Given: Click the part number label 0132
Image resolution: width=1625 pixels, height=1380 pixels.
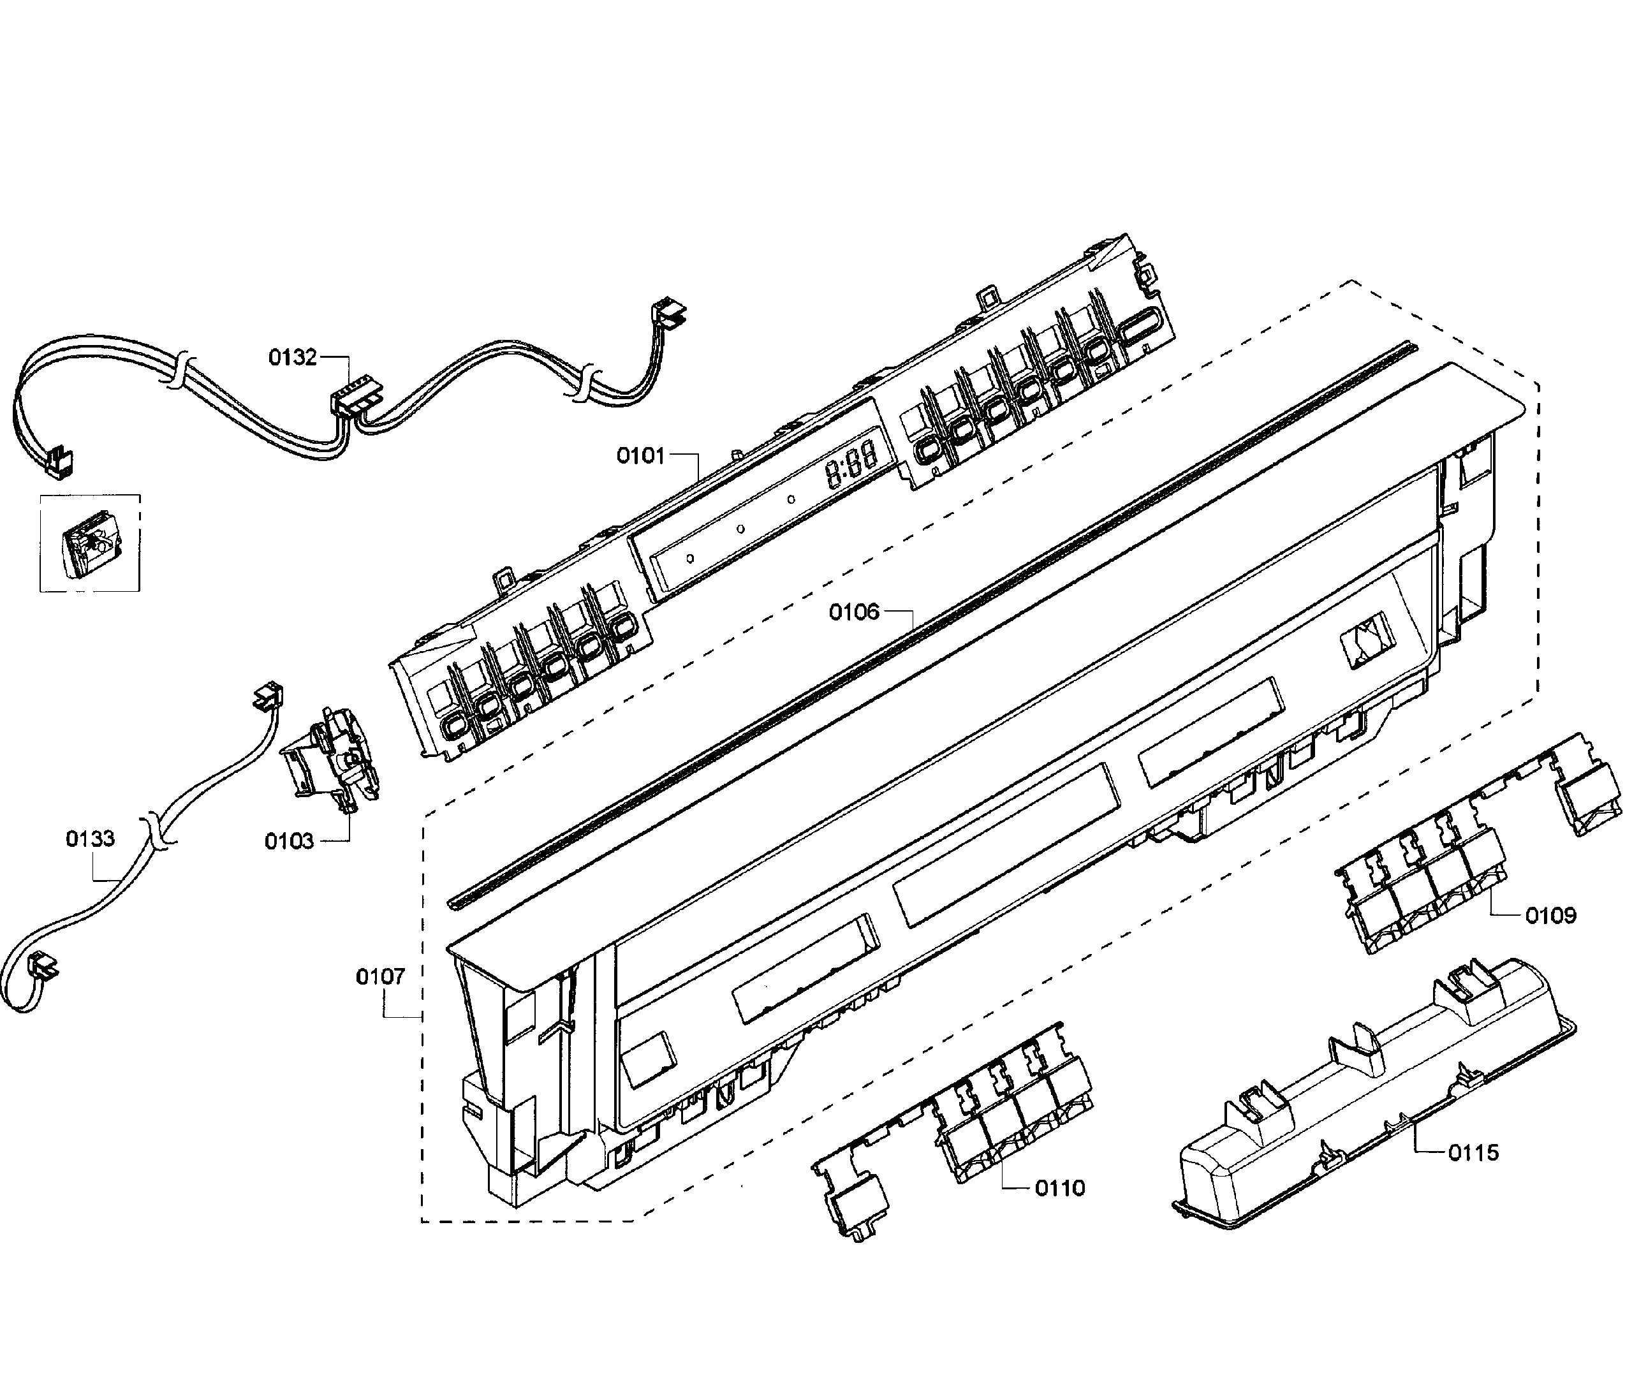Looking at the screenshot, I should click(293, 358).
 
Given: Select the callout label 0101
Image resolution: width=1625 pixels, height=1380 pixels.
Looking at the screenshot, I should click(640, 455).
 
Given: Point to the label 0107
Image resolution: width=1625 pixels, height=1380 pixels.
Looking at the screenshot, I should click(380, 976).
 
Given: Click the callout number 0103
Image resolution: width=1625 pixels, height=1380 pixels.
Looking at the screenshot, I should click(289, 842).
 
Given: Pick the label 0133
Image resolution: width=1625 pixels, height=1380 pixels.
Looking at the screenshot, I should click(90, 839).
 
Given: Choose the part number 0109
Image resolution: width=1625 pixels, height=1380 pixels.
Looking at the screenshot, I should click(1550, 915).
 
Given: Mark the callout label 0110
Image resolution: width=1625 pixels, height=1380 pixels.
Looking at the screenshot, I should click(1059, 1188).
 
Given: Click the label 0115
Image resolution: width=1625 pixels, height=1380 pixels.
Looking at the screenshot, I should click(1473, 1152).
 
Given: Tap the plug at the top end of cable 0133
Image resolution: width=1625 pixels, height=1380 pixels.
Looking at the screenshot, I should click(267, 694).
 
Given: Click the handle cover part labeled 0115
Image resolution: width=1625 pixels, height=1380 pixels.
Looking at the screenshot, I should click(1369, 1095).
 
